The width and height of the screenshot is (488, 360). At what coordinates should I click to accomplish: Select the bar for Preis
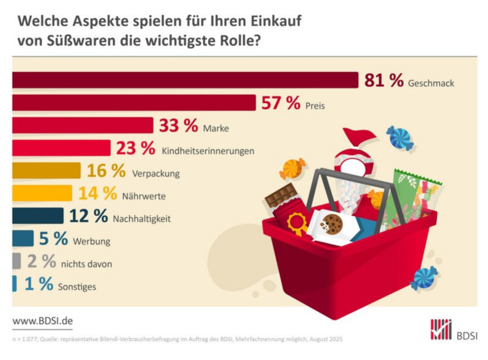[x=134, y=103]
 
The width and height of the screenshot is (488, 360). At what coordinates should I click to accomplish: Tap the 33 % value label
[x=179, y=126]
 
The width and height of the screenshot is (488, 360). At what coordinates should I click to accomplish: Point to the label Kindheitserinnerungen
[x=208, y=150]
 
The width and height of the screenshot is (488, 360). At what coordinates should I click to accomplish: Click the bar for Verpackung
[x=46, y=170]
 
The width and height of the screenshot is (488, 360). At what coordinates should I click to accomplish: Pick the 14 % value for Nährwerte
[x=98, y=193]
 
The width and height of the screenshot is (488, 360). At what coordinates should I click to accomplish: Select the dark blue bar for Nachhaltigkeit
[x=38, y=216]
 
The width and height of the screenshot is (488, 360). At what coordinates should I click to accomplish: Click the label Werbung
[x=91, y=242]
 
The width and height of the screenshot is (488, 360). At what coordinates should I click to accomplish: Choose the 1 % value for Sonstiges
[x=38, y=284]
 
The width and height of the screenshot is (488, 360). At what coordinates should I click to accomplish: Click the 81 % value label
[x=384, y=80]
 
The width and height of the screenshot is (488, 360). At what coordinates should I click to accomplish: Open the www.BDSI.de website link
[x=42, y=320]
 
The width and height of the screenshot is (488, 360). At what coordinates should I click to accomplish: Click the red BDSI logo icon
[x=440, y=329]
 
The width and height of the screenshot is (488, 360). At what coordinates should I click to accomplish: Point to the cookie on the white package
[x=331, y=223]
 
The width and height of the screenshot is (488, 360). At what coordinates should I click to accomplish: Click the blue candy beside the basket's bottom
[x=424, y=278]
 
